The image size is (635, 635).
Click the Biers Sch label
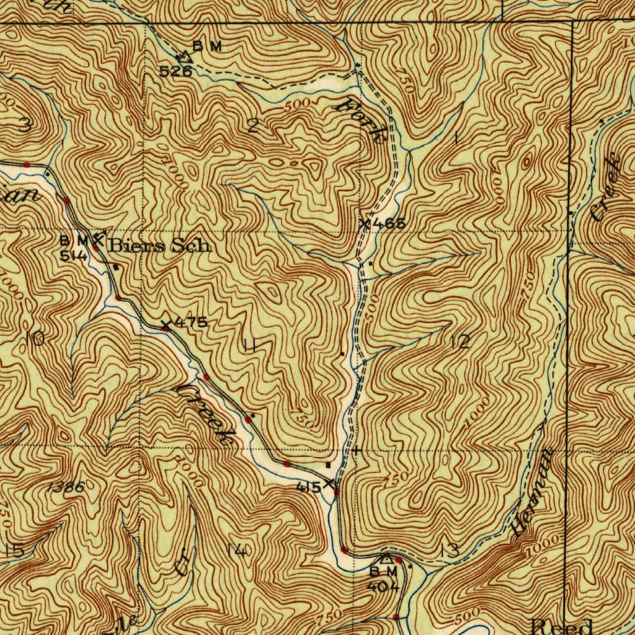click(x=160, y=246)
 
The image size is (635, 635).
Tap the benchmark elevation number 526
click(x=175, y=71)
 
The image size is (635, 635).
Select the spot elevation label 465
click(x=390, y=224)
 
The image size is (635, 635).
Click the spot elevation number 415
click(x=308, y=487)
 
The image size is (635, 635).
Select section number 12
click(x=461, y=342)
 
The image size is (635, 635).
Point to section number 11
click(x=249, y=346)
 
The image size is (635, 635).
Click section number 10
click(x=36, y=339)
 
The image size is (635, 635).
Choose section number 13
click(x=450, y=549)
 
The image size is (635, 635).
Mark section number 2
click(x=253, y=128)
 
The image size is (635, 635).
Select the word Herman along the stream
click(x=534, y=493)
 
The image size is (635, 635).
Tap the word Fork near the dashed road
click(x=363, y=121)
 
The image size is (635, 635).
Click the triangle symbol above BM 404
click(x=386, y=559)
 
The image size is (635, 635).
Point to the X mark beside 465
click(x=366, y=224)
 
